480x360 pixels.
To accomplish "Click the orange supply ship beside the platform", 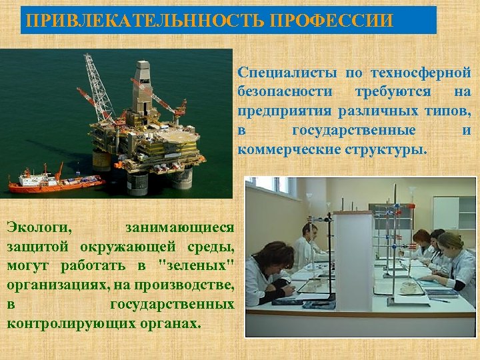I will (x=53, y=180).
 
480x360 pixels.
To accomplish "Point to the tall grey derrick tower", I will (x=142, y=87).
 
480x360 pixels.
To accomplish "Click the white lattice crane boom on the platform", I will (x=97, y=83).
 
